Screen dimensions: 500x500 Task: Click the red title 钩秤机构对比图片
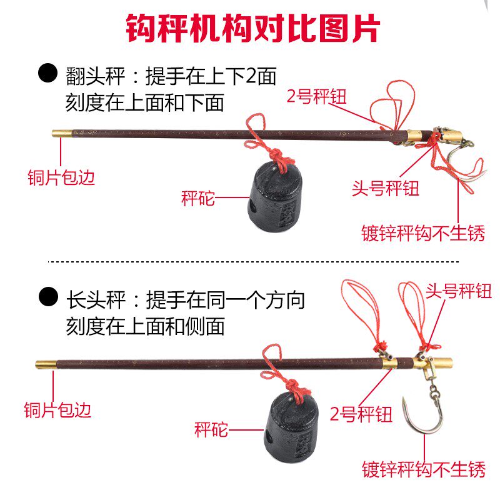pyautogui.click(x=253, y=29)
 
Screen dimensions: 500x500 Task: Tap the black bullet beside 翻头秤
pyautogui.click(x=48, y=72)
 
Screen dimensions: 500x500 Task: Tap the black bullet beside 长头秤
pyautogui.click(x=48, y=296)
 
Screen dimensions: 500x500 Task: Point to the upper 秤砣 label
pyautogui.click(x=197, y=198)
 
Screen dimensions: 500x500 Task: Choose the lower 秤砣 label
pyautogui.click(x=211, y=429)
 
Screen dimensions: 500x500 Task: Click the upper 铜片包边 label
pyautogui.click(x=61, y=177)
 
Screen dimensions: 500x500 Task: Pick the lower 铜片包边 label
pyautogui.click(x=57, y=410)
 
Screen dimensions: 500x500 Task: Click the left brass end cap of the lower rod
pyautogui.click(x=46, y=364)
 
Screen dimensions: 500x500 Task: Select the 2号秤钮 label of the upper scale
pyautogui.click(x=316, y=96)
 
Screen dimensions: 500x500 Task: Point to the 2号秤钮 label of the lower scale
pyautogui.click(x=361, y=414)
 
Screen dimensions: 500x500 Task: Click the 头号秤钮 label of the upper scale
pyautogui.click(x=385, y=188)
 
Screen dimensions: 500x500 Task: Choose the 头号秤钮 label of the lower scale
pyautogui.click(x=459, y=291)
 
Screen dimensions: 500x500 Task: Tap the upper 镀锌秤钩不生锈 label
pyautogui.click(x=423, y=233)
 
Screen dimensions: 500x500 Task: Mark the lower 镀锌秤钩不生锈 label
pyautogui.click(x=424, y=469)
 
